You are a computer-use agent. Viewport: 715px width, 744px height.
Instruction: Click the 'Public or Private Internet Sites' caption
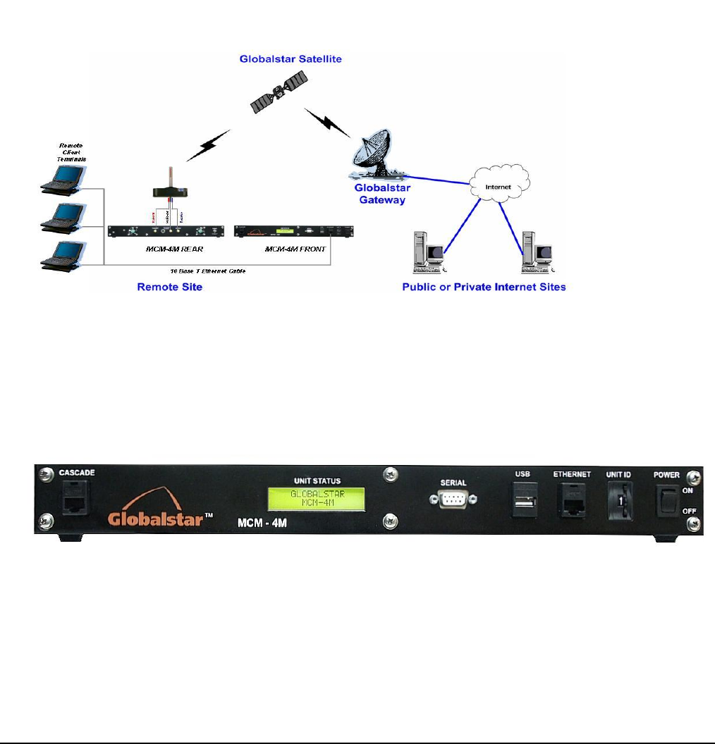(484, 287)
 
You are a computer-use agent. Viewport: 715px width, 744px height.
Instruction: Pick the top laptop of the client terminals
(63, 177)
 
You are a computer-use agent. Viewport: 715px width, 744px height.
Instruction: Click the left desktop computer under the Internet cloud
(428, 252)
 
